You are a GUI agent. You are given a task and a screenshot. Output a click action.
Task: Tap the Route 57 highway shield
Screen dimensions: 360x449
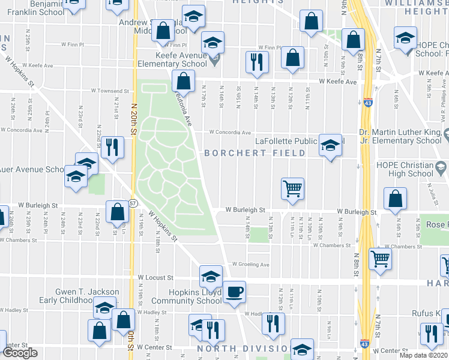(132, 203)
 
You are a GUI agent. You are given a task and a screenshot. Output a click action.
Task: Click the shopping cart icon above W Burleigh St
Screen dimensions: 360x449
(292, 188)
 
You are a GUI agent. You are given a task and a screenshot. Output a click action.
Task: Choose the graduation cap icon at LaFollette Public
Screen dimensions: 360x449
(330, 145)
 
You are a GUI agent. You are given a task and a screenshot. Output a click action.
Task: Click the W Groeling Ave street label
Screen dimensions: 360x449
(251, 264)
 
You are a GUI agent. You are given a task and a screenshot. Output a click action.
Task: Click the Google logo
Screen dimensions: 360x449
(20, 353)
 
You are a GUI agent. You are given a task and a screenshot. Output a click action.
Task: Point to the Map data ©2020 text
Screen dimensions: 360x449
(422, 355)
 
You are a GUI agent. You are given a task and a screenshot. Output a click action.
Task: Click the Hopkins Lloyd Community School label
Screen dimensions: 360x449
(186, 296)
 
